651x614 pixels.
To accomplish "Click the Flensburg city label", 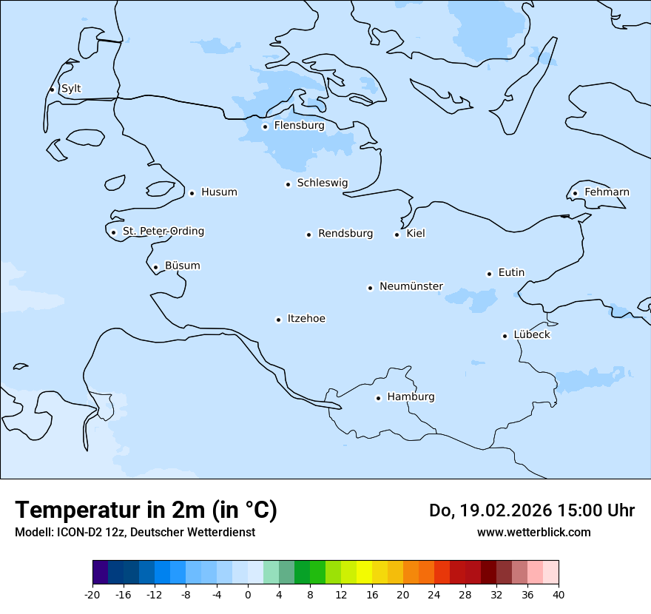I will (x=299, y=126).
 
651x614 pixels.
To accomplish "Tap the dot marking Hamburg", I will (x=378, y=398).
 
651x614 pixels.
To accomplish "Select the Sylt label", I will (x=71, y=89).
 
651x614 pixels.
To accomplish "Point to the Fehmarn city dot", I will (x=575, y=194).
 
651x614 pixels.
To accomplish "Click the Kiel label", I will (x=416, y=234).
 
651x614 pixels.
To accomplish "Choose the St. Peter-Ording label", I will (x=163, y=232).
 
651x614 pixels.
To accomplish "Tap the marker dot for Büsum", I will (x=155, y=268).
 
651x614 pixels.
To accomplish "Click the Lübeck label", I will (x=532, y=335).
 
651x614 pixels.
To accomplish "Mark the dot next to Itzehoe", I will (x=278, y=320).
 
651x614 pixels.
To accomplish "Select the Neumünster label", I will (x=411, y=286).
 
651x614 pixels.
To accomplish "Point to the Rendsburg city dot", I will (x=308, y=235).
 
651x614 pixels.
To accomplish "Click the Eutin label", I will (x=511, y=273).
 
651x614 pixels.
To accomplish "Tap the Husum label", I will (x=219, y=192).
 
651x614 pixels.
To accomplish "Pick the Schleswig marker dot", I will (x=288, y=184).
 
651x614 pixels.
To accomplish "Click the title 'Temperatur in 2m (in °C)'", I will (x=146, y=510).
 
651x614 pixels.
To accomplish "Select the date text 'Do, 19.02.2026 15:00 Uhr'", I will (x=531, y=510).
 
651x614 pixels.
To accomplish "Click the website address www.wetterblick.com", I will (x=533, y=532).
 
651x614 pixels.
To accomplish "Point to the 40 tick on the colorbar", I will (x=559, y=594).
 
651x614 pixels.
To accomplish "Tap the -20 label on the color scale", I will (x=92, y=594).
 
